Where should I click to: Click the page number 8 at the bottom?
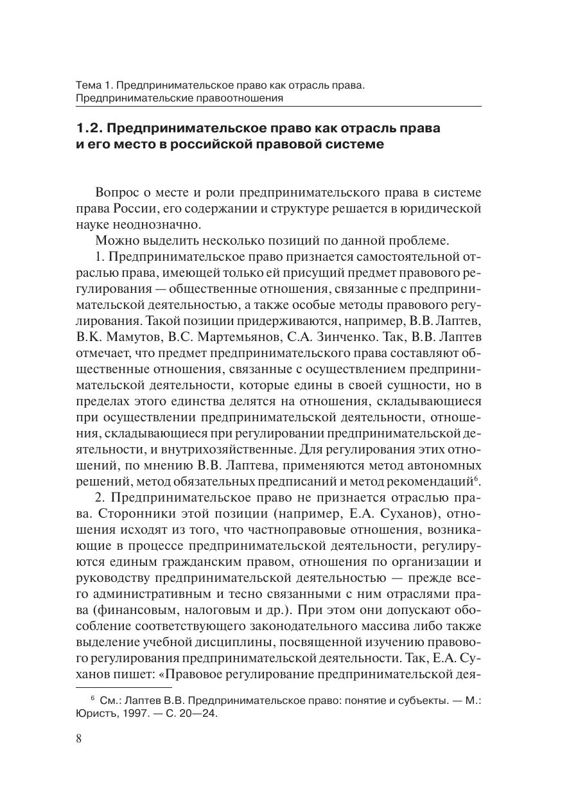click(x=79, y=738)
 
